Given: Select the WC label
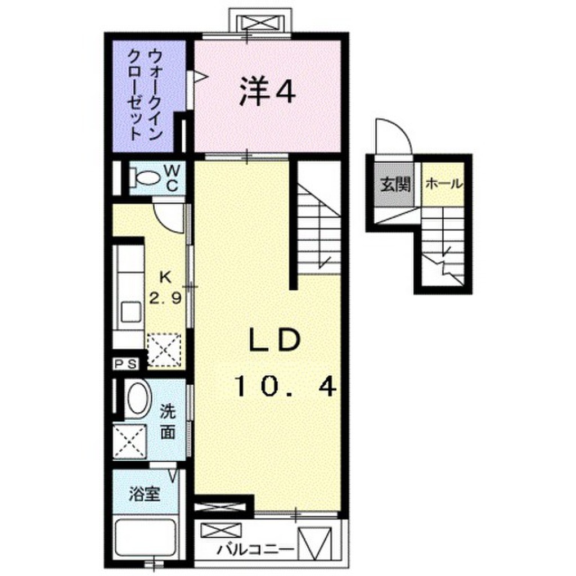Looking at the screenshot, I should [x=172, y=177].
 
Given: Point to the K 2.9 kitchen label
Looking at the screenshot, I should [x=165, y=287].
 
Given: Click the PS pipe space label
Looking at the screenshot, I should [x=127, y=364].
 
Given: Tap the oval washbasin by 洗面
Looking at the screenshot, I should [x=137, y=399].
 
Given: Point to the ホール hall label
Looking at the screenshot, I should [x=444, y=183].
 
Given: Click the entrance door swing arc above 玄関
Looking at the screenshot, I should [x=394, y=135].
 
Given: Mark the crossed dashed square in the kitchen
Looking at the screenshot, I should [x=164, y=350].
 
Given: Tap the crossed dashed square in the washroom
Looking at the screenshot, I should [x=130, y=441].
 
